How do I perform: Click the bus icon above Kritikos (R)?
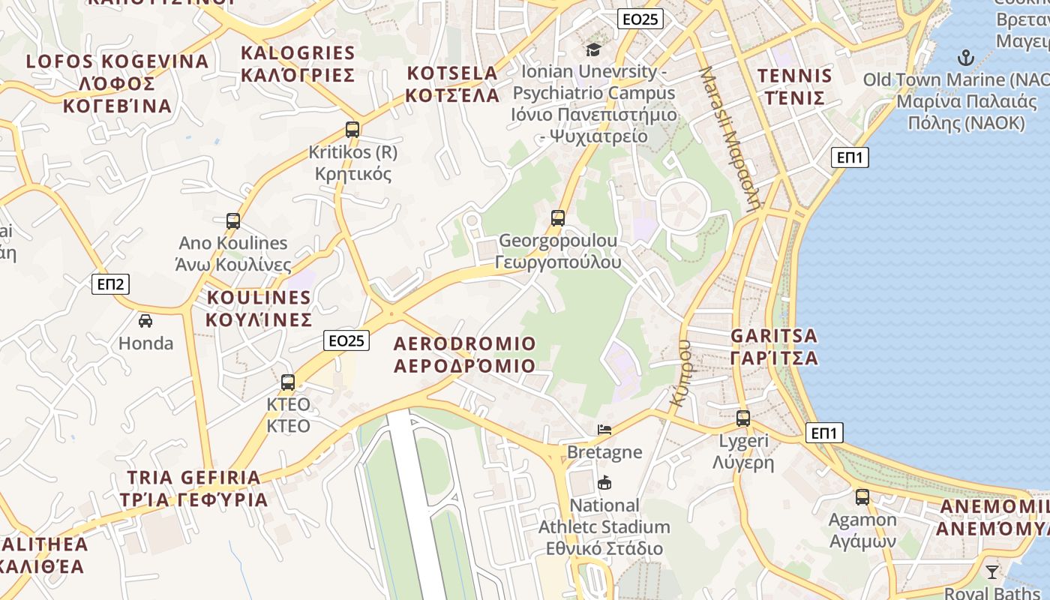pos(352,129)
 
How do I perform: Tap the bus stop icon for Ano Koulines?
pos(233,220)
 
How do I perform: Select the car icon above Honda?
pos(145,321)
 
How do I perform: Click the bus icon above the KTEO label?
pos(288,382)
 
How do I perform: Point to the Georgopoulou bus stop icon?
pos(558,218)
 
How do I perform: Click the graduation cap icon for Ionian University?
pos(594,49)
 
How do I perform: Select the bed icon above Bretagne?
pos(604,429)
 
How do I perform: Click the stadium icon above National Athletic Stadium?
pos(604,482)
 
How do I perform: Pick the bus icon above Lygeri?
pos(743,418)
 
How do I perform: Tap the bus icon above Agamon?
pos(862,496)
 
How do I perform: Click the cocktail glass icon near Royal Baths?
pos(992,572)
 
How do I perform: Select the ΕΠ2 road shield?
pos(110,284)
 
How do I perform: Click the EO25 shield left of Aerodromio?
pos(347,340)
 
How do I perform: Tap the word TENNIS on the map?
pos(794,76)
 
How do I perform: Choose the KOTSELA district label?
pos(452,73)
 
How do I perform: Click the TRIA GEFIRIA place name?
pos(194,478)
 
